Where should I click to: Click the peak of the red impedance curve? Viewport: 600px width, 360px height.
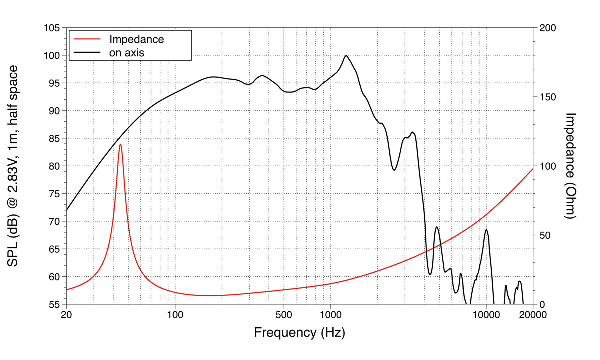point(120,144)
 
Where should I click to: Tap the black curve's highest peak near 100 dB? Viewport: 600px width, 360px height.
point(346,56)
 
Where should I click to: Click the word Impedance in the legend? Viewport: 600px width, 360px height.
point(136,39)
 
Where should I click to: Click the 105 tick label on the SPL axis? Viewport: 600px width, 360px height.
point(52,28)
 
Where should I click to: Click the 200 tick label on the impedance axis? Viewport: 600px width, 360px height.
point(547,28)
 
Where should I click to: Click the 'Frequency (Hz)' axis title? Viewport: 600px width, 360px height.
point(299,332)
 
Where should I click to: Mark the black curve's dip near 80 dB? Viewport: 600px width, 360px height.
point(394,170)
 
